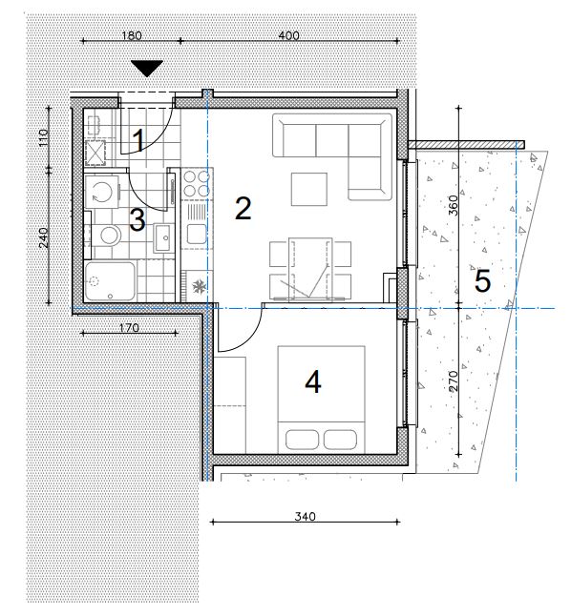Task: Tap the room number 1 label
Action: click(x=138, y=140)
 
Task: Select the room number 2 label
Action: click(x=243, y=209)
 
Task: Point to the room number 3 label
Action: click(x=137, y=220)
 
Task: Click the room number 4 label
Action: click(x=313, y=382)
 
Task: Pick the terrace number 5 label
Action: click(x=482, y=281)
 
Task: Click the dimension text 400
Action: click(x=289, y=35)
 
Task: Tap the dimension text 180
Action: click(x=132, y=35)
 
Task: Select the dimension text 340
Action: click(x=305, y=516)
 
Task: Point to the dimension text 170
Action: click(x=129, y=328)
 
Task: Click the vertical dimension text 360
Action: click(x=454, y=205)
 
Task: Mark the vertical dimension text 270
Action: click(x=454, y=380)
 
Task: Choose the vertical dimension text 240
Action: click(x=44, y=237)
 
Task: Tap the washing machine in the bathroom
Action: click(x=102, y=192)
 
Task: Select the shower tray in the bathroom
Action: click(x=111, y=281)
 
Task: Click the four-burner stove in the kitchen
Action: click(x=197, y=183)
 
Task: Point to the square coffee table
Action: click(x=309, y=189)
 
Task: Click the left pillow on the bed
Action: click(x=302, y=440)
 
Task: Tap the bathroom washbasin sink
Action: click(x=162, y=237)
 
